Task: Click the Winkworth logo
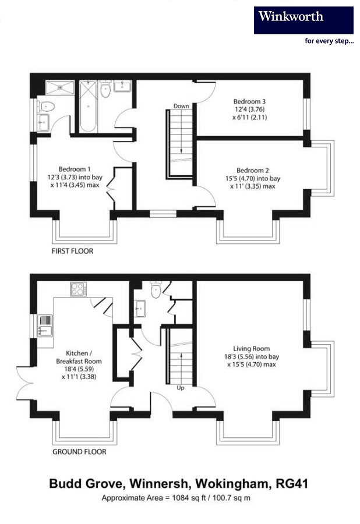[x=303, y=19]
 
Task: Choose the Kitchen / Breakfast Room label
[x=79, y=353]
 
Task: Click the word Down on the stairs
[x=181, y=107]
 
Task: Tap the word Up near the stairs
[x=180, y=388]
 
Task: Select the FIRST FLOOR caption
[x=73, y=252]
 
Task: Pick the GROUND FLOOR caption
[x=79, y=452]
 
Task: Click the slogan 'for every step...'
[x=329, y=41]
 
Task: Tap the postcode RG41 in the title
[x=292, y=484]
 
